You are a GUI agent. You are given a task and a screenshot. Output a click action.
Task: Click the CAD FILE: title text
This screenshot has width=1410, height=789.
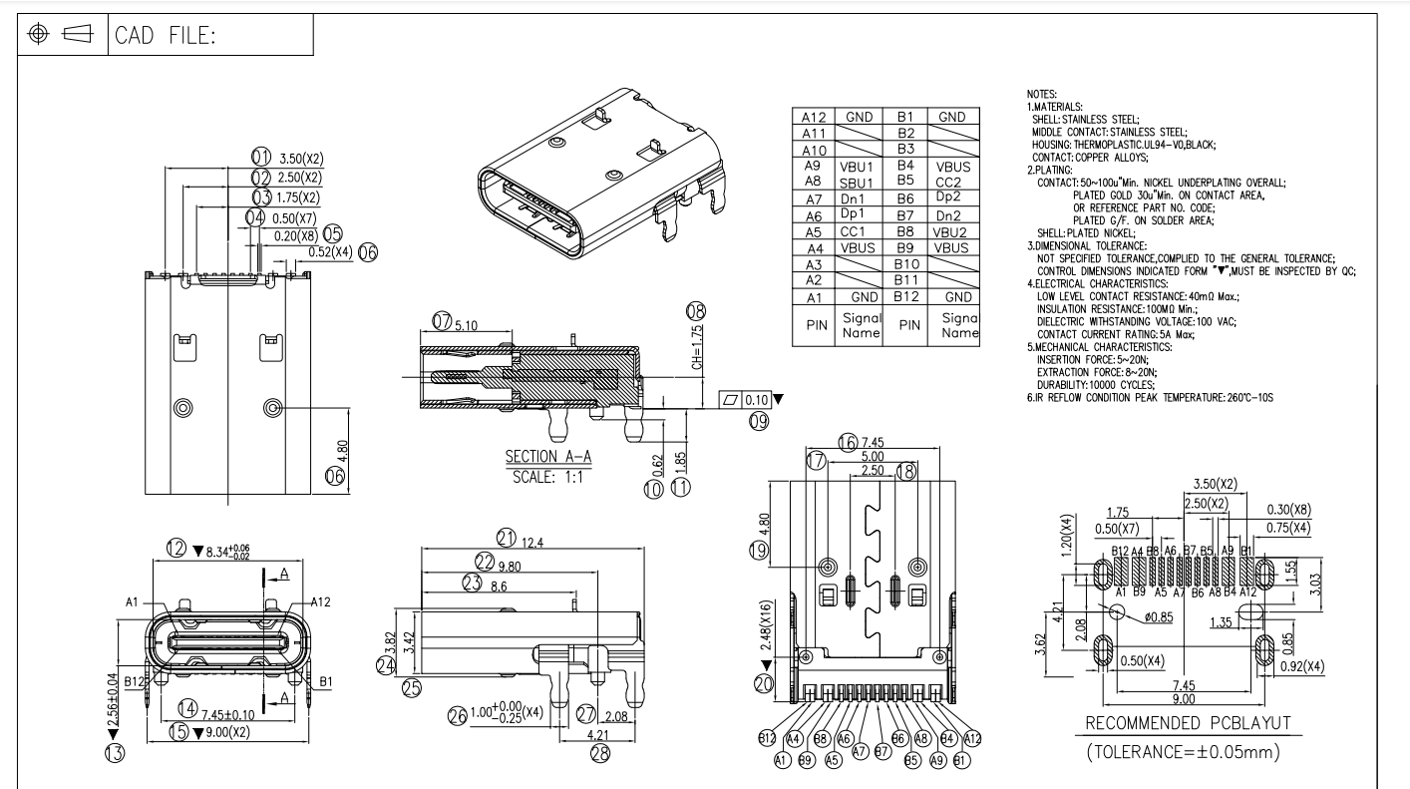pos(167,36)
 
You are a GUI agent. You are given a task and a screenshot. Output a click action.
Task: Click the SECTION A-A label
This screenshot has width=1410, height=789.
pos(548,457)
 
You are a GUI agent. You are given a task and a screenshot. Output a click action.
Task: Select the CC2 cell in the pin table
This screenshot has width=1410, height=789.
pos(951,181)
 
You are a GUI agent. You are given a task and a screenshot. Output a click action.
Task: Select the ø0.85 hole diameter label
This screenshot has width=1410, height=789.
pos(1159,616)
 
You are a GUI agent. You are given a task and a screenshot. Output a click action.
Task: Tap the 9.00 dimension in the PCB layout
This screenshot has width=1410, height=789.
pos(1184,698)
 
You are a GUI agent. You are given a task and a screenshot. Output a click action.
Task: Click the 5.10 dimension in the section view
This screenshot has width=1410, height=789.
pos(465,325)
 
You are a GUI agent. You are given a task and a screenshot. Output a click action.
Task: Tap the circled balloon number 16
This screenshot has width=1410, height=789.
pos(848,442)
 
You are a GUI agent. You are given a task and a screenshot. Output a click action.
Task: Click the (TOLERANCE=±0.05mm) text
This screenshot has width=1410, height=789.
pos(1183,750)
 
